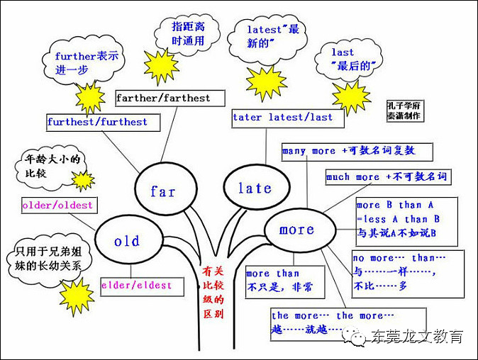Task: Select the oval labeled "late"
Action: coord(255,188)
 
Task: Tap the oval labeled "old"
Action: coord(127,242)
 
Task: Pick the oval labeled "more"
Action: coord(296,230)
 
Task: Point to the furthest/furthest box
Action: coord(97,122)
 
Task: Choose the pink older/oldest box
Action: coord(57,206)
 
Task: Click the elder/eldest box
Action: coord(136,285)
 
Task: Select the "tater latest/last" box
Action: coord(282,117)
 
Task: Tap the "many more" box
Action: coord(348,151)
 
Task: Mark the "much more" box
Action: coord(387,177)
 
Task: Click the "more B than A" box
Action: coord(399,219)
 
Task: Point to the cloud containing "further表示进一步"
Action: coord(83,63)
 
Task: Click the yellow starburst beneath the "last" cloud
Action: coord(351,96)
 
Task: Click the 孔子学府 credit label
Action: coord(406,110)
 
